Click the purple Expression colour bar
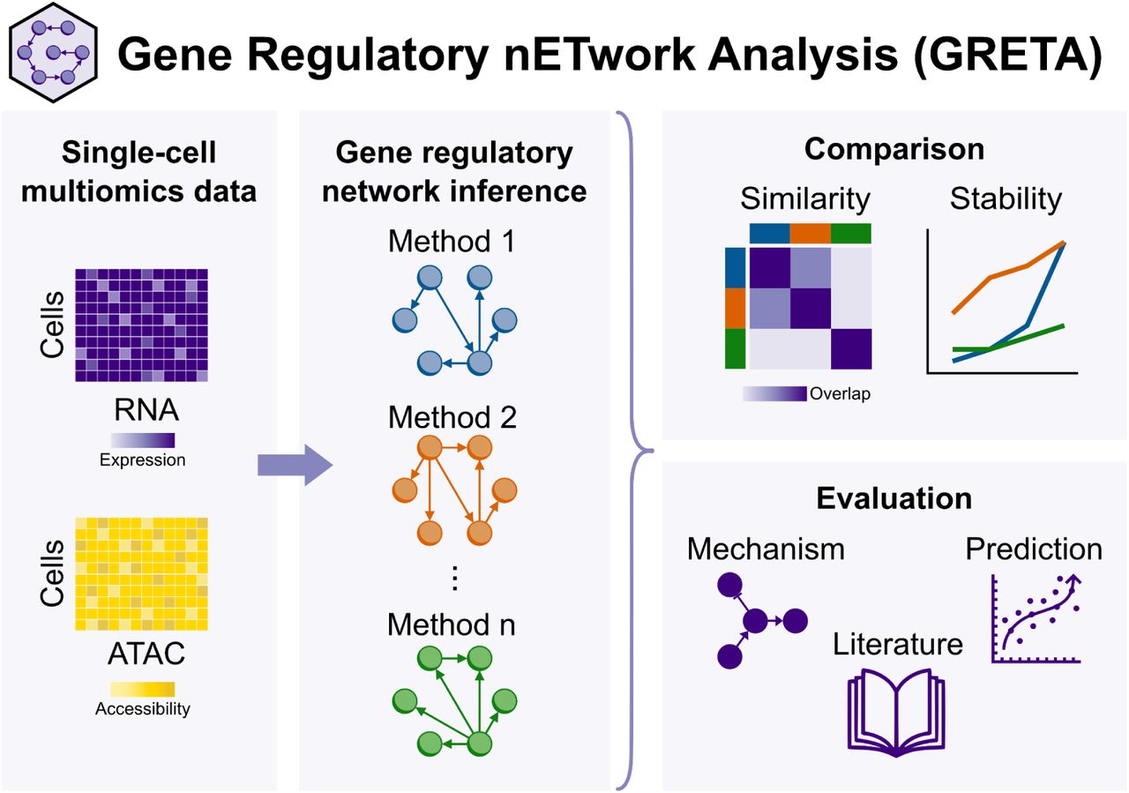coord(143,440)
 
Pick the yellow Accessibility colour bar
coord(143,688)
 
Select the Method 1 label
coord(452,241)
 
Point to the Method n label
coord(452,625)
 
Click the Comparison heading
coord(893,148)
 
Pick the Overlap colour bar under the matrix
coord(774,393)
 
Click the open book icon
coord(895,710)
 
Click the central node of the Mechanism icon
coord(754,622)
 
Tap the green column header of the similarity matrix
coord(850,233)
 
